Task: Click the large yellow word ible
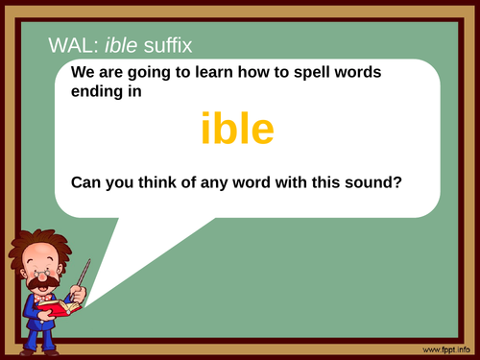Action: [239, 130]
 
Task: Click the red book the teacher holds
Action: [57, 306]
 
